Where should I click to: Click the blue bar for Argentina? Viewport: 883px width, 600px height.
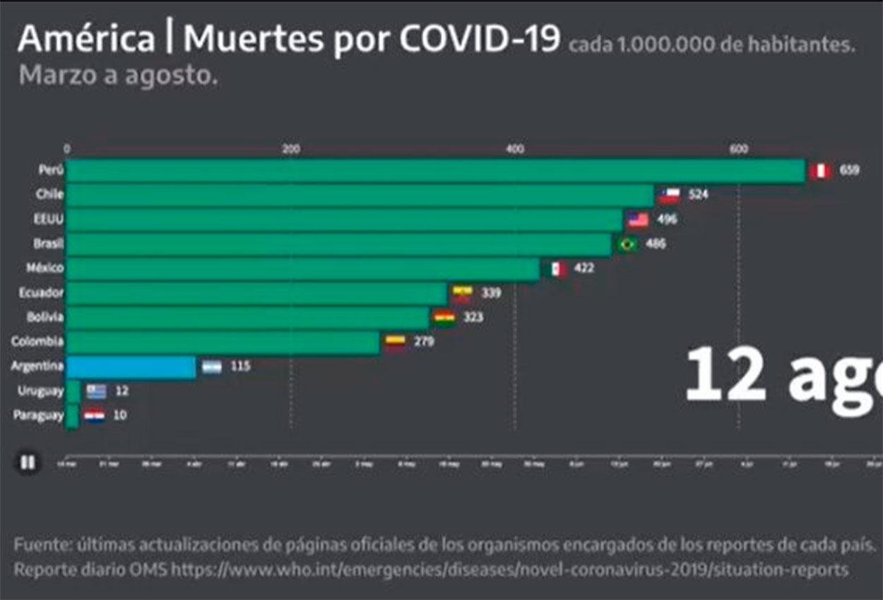click(131, 367)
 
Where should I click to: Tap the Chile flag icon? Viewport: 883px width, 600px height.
click(670, 195)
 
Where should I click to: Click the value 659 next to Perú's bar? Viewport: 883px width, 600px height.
click(850, 171)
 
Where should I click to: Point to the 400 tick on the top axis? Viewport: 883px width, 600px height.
click(515, 149)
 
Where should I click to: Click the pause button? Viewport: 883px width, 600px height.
click(28, 463)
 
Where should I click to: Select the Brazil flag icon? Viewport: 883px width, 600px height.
click(626, 244)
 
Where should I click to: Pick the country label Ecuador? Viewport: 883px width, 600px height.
click(42, 292)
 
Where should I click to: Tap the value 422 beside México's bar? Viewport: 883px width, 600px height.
click(584, 268)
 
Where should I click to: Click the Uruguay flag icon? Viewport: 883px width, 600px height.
click(96, 390)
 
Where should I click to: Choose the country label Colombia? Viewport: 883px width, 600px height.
click(37, 342)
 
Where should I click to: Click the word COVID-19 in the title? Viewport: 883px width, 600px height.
click(480, 40)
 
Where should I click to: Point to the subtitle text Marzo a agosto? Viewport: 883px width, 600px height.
click(118, 76)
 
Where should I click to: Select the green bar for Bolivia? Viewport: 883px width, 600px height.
click(247, 318)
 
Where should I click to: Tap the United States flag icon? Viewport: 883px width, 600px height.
click(638, 220)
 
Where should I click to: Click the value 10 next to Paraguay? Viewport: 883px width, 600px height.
click(120, 415)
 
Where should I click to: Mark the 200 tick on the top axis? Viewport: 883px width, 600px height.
click(290, 149)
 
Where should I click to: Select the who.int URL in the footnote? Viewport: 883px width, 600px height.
click(509, 569)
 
